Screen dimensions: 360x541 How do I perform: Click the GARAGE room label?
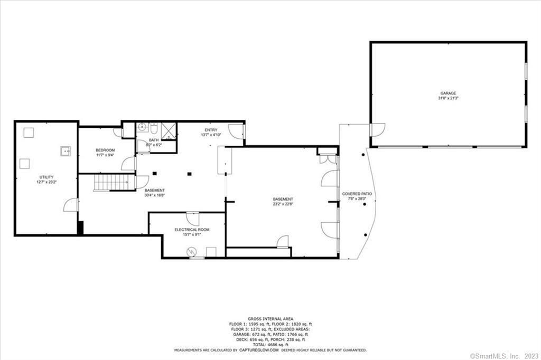point(448,93)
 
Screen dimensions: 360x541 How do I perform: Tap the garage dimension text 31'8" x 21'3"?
point(448,98)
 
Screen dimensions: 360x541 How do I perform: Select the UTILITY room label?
point(46,177)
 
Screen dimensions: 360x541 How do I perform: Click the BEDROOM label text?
point(105,150)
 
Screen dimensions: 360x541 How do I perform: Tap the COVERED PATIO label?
point(357,194)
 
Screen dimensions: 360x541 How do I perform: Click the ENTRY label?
point(211,130)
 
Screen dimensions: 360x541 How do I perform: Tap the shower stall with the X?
point(168,128)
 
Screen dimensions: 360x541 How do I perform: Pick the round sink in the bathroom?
point(142,128)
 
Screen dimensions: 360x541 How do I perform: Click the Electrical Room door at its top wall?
point(193,218)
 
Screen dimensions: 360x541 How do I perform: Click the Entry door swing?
point(236,132)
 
